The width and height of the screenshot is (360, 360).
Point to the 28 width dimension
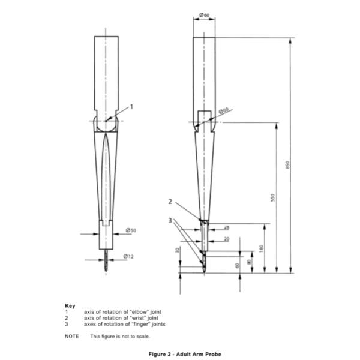pyautogui.click(x=226, y=227)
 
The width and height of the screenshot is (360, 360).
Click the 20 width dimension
pyautogui.click(x=226, y=238)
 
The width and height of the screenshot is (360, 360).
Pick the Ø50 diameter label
pyautogui.click(x=130, y=230)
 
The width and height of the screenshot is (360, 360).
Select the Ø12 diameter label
pyautogui.click(x=128, y=257)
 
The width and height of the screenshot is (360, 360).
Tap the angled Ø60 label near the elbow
pyautogui.click(x=223, y=112)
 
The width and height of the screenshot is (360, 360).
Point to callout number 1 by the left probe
pyautogui.click(x=131, y=106)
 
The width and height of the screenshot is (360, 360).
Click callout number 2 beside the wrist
pyautogui.click(x=170, y=202)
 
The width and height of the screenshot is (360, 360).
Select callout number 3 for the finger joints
pyautogui.click(x=170, y=220)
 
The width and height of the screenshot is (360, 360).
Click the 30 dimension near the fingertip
pyautogui.click(x=178, y=250)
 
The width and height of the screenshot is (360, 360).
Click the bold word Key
pyautogui.click(x=70, y=305)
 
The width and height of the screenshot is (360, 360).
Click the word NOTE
pyautogui.click(x=71, y=336)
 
